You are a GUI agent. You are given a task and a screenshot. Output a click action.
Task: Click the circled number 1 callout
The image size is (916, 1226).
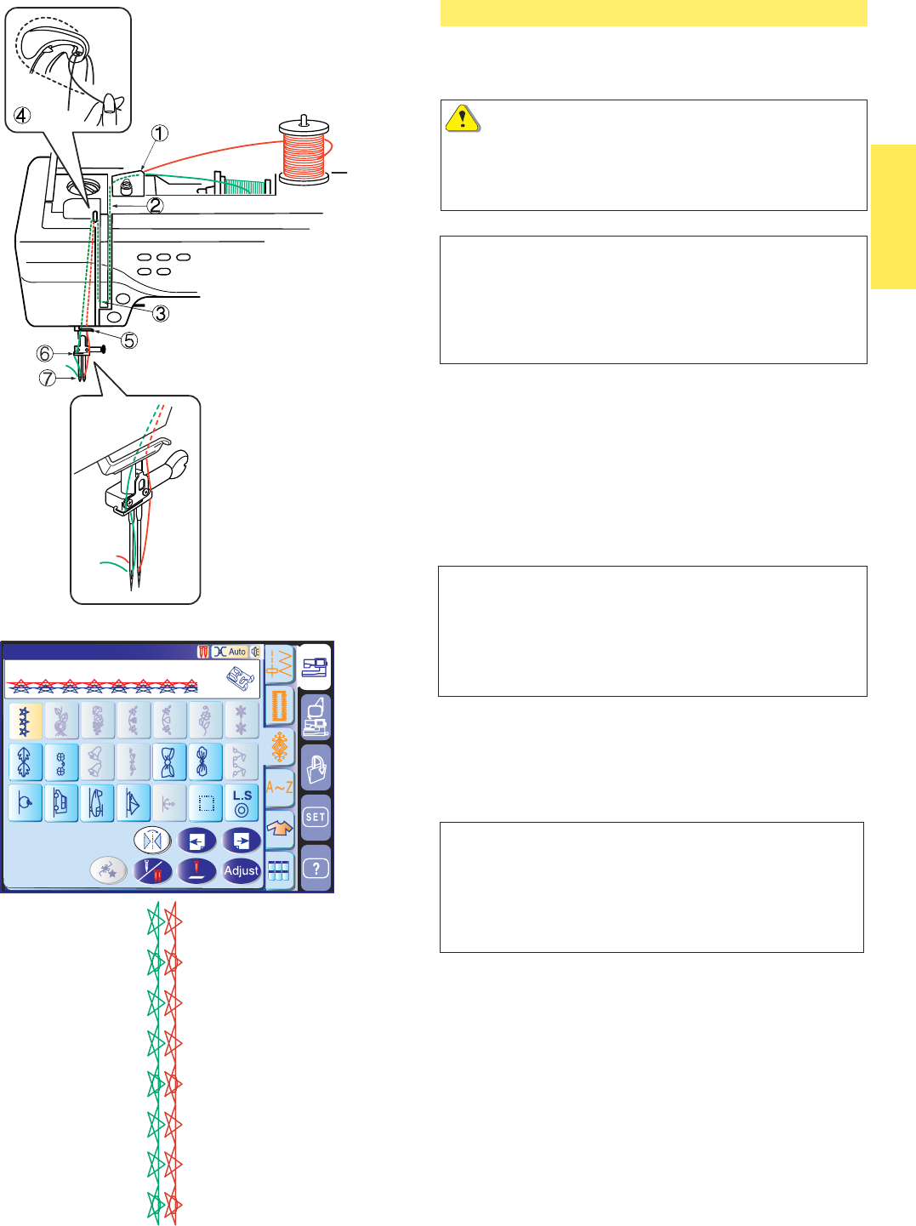(160, 133)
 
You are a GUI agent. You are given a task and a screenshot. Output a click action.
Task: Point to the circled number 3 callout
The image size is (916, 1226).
(160, 313)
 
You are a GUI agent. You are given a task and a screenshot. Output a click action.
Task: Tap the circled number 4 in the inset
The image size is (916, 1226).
(22, 115)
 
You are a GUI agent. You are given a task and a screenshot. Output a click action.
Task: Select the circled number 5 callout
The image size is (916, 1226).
(128, 340)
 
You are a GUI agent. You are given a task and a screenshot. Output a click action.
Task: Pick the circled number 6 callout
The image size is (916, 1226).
(45, 353)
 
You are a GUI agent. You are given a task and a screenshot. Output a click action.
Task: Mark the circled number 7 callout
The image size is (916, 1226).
(48, 378)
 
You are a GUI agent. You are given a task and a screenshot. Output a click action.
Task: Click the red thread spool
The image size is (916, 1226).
(304, 151)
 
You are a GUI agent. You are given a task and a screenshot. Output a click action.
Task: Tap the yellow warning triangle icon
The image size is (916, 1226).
(462, 118)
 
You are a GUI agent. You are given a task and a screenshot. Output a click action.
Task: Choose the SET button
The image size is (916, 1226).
(316, 817)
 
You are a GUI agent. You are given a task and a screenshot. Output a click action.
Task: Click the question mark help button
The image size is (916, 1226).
(316, 868)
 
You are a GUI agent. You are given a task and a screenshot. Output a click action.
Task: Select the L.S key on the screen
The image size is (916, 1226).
(242, 803)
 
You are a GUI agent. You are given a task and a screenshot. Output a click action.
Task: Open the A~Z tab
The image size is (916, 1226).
(280, 787)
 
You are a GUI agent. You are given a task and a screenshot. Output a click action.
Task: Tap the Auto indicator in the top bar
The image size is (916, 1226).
(230, 652)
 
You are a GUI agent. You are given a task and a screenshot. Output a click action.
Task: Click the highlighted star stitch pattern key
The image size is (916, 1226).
(25, 721)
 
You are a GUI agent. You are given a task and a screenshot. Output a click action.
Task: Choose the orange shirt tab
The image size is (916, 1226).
(280, 828)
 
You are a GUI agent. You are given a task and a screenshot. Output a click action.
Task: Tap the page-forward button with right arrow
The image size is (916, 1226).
(242, 841)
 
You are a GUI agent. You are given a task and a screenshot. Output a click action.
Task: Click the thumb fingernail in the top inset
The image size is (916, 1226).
(108, 105)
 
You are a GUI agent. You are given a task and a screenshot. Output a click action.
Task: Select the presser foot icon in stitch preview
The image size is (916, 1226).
(240, 679)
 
